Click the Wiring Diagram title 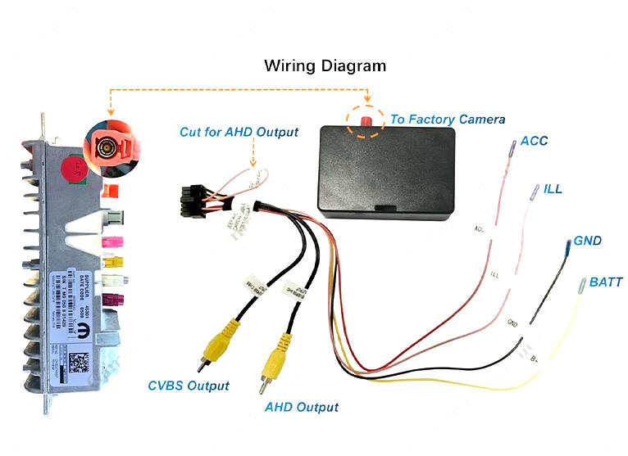(x=325, y=65)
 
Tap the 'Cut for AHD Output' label (x=239, y=132)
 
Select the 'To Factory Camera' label (x=447, y=120)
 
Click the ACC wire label (x=534, y=141)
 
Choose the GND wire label (x=587, y=241)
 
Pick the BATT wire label (x=606, y=282)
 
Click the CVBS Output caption (x=189, y=386)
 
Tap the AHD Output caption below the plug (x=301, y=407)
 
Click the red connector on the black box (x=363, y=121)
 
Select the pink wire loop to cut (x=251, y=179)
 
